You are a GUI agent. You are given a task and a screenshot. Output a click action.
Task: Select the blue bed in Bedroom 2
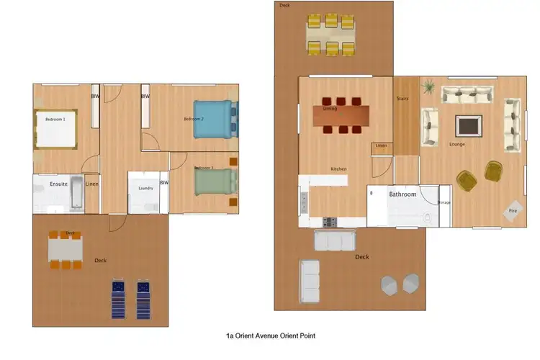pyautogui.click(x=214, y=119)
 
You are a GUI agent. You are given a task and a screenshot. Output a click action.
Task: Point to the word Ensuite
pyautogui.click(x=58, y=184)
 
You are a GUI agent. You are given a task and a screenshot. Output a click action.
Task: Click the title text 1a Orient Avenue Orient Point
pyautogui.click(x=270, y=336)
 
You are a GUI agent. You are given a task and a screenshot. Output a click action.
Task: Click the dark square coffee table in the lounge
pyautogui.click(x=468, y=125)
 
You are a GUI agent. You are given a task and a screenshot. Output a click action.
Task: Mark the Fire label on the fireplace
pyautogui.click(x=513, y=210)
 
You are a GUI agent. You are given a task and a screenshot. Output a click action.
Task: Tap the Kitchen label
pyautogui.click(x=338, y=169)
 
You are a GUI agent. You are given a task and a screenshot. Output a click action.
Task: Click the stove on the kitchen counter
pyautogui.click(x=330, y=222)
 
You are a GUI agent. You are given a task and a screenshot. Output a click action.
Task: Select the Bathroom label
pyautogui.click(x=402, y=194)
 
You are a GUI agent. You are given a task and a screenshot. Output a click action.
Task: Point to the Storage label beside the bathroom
pyautogui.click(x=444, y=202)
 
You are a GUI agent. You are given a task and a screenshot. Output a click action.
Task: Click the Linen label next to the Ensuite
pyautogui.click(x=91, y=184)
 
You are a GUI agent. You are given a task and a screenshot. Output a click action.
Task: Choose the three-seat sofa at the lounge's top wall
pyautogui.click(x=467, y=94)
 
